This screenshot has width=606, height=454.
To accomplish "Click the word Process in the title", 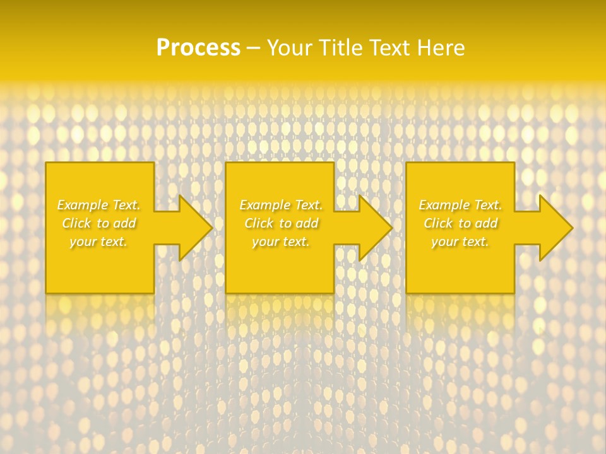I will pos(198,48).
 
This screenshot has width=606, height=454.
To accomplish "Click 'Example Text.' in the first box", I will pos(98,205).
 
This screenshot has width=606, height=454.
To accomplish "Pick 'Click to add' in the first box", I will pos(98,223).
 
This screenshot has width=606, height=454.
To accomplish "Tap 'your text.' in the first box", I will pos(98,242).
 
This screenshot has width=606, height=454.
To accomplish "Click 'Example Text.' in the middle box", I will pos(281,205).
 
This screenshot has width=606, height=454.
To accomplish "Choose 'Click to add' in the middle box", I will pos(281,223).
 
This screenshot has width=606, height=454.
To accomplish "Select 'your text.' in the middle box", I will pos(281,242).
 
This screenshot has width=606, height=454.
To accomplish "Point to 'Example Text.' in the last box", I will pos(460,205).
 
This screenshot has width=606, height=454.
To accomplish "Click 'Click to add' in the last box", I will pos(460,223).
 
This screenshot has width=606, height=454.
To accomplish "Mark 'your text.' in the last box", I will pos(460,242).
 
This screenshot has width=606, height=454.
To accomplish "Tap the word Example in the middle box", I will pos(264,205).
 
